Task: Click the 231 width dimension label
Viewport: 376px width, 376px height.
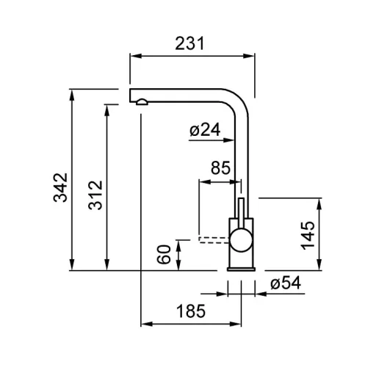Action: pos(189,43)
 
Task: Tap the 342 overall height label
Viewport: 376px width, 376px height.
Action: pos(60,187)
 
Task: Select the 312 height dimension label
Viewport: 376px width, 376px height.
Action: pos(95,195)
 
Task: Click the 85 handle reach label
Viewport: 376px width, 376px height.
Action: pos(220,167)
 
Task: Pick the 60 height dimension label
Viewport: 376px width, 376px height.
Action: pos(164,254)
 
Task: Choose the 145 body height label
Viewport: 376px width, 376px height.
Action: pos(308,236)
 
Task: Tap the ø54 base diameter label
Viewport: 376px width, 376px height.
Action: pos(286,283)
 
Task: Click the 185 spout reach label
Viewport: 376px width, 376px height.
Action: pos(191,311)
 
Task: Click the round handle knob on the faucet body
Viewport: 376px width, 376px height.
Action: pos(241,240)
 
